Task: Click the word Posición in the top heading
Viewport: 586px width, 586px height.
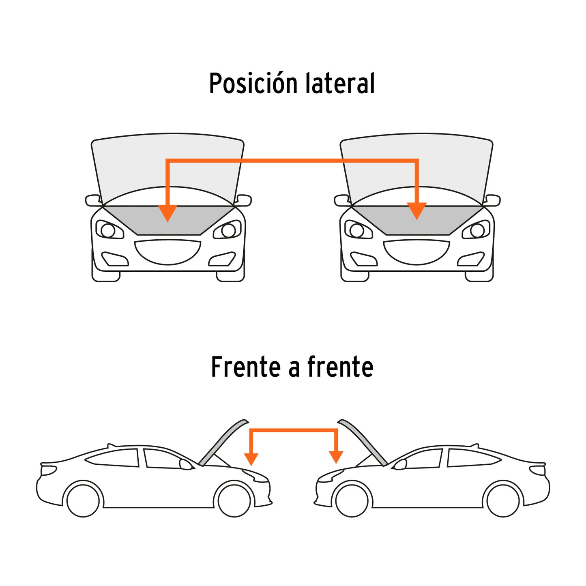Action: tap(253, 83)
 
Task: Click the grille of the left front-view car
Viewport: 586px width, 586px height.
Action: tap(167, 252)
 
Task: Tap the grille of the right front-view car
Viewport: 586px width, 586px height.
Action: tap(416, 252)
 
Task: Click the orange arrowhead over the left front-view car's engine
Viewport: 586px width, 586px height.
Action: tap(167, 213)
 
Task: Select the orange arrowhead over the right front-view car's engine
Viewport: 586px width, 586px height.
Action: tap(417, 211)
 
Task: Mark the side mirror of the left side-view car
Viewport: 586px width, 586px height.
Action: tap(185, 464)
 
